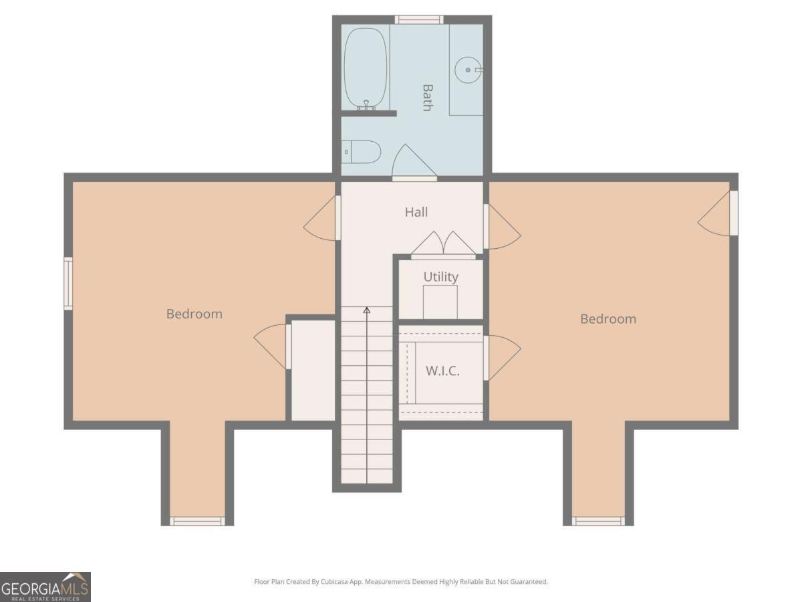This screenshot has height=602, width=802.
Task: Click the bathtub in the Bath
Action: click(366, 68)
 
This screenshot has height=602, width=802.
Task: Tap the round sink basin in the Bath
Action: click(468, 70)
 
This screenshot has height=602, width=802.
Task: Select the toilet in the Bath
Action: click(362, 152)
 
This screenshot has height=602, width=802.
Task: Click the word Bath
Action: click(427, 97)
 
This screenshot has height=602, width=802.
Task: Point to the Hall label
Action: click(416, 212)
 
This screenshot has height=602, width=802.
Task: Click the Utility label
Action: click(440, 276)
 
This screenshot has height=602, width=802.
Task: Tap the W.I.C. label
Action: click(442, 371)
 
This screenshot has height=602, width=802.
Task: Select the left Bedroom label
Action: click(194, 314)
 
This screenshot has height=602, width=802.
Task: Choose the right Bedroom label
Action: click(608, 319)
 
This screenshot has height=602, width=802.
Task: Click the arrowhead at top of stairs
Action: click(367, 310)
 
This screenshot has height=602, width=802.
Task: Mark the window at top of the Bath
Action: click(418, 19)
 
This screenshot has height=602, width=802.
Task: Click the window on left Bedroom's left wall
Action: click(68, 284)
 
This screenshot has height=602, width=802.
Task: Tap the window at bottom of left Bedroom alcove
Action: click(197, 520)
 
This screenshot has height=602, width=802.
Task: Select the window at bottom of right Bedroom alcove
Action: click(598, 520)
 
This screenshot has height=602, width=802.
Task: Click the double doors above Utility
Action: click(443, 245)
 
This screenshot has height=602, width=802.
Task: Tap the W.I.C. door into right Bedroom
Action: click(503, 358)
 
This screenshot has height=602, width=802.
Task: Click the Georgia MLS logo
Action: click(45, 587)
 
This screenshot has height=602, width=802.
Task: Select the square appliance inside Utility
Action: click(440, 302)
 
